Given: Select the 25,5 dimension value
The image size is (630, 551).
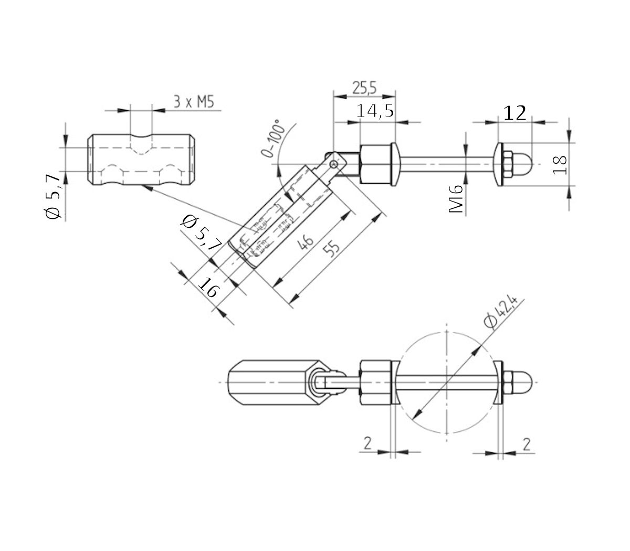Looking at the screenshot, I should point(364,88).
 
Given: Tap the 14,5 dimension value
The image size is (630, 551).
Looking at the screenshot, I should point(375,111).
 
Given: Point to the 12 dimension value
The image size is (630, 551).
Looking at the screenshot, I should point(514,113).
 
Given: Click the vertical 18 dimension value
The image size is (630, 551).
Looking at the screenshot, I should point(560,164).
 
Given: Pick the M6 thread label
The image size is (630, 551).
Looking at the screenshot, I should point(457,199).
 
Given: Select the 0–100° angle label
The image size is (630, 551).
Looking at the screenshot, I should point(272,139).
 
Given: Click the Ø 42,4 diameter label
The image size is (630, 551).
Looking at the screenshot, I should point(501,313).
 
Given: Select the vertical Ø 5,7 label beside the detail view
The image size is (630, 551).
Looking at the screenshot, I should point(54,197).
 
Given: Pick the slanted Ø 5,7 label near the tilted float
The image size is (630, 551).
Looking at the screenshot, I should point(199,231).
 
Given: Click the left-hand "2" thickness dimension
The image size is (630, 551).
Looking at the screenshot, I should point(367,443).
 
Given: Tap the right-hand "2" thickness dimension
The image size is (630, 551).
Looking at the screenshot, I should point(526,443).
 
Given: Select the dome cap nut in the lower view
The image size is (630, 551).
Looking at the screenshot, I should point(522,382).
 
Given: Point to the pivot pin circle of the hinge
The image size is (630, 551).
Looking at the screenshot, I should point(334,164).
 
